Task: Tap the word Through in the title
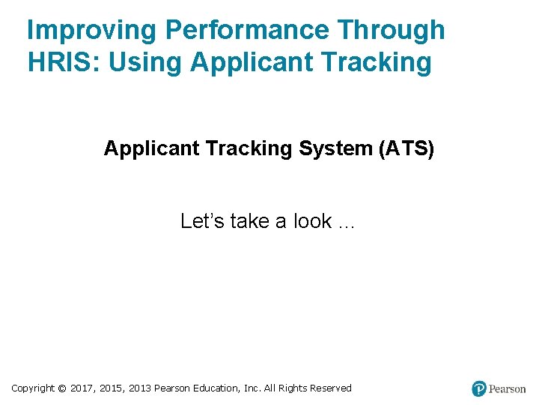[391, 31]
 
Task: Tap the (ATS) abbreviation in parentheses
[407, 148]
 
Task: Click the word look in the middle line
[312, 221]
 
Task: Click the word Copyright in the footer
[33, 388]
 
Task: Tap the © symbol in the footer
[62, 388]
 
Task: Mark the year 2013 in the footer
[140, 388]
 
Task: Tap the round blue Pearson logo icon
[479, 388]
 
